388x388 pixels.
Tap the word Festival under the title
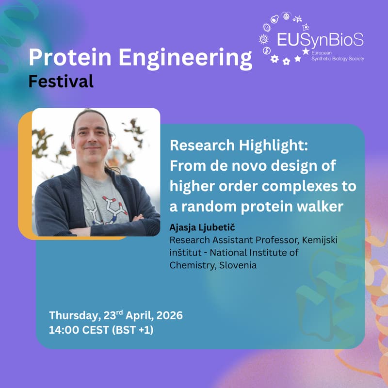[61, 81]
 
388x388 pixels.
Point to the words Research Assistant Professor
[227, 240]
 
